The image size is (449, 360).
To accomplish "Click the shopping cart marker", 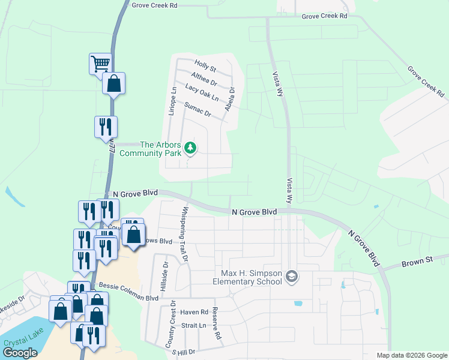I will tap(100, 63).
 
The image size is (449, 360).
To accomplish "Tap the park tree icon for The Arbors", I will tap(190, 147).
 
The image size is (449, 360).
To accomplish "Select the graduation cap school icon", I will tap(291, 277).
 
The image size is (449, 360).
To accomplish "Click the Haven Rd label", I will tap(193, 312).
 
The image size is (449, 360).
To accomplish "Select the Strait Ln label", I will tap(194, 326).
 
